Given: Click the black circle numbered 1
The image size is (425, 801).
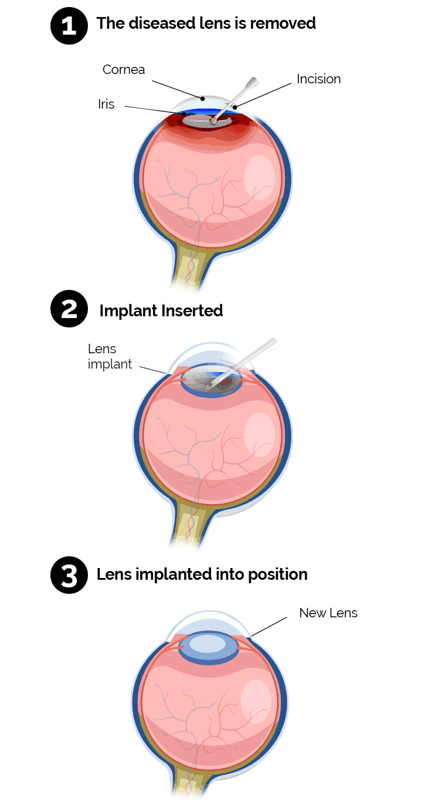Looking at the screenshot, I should pyautogui.click(x=69, y=26).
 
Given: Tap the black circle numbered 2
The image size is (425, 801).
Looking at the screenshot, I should pyautogui.click(x=69, y=309).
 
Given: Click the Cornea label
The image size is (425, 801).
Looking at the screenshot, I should pyautogui.click(x=123, y=70).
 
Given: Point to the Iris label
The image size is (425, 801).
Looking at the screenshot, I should pyautogui.click(x=106, y=104).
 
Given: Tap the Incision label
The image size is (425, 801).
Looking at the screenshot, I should pyautogui.click(x=318, y=79).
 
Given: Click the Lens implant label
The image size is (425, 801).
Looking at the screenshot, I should pyautogui.click(x=110, y=357).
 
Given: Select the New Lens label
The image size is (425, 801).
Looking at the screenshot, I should pyautogui.click(x=328, y=613).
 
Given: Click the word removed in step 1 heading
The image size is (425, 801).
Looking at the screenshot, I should pyautogui.click(x=285, y=23).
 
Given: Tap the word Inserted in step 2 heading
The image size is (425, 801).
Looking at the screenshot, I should pyautogui.click(x=193, y=310).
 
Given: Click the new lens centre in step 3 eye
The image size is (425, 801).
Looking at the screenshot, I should pyautogui.click(x=208, y=644).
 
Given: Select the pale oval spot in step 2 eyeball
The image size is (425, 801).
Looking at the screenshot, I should pyautogui.click(x=259, y=435).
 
